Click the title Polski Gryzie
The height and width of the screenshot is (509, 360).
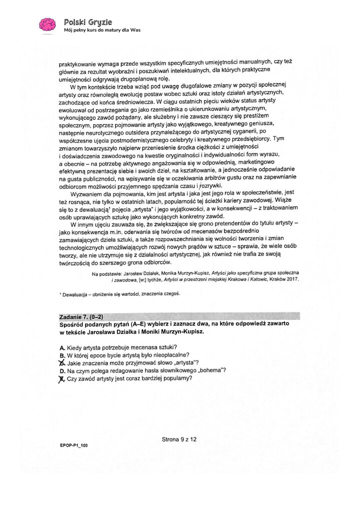[x=88, y=21]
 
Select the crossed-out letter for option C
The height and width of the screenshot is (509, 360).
[x=62, y=362]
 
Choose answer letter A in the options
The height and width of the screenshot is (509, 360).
[x=61, y=347]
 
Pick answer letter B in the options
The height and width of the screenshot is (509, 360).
[x=61, y=355]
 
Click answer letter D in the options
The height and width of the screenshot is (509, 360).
[x=61, y=370]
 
